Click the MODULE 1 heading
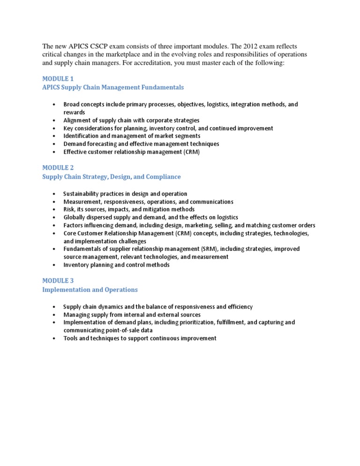[58, 79]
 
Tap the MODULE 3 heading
[58, 281]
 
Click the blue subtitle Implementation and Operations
[90, 290]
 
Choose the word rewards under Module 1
[75, 113]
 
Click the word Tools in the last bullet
[71, 338]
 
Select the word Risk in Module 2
[70, 210]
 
